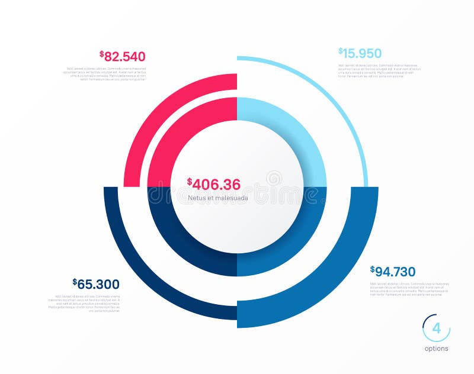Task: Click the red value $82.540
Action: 123,57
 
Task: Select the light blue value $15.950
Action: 360,53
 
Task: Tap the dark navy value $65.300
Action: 96,284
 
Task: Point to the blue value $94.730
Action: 393,272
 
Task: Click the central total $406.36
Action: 214,184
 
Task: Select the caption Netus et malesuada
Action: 218,198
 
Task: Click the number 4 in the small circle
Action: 436,329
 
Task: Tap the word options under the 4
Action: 437,349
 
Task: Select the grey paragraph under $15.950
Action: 379,70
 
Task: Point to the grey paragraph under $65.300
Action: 85,302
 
